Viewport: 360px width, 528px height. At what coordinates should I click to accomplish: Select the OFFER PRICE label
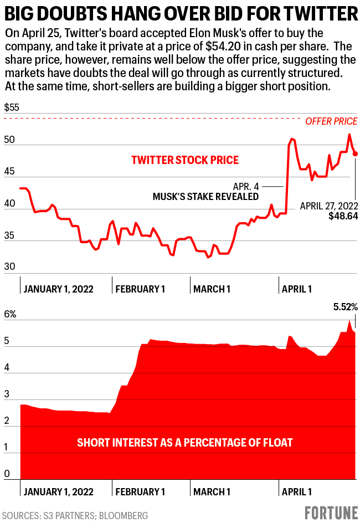(331, 122)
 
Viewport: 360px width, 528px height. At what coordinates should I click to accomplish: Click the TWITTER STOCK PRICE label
(185, 160)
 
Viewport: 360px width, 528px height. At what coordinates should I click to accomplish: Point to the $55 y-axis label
(12, 108)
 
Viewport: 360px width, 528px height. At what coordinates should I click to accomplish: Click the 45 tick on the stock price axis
(9, 173)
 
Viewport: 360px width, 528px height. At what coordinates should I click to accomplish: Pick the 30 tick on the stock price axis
(9, 266)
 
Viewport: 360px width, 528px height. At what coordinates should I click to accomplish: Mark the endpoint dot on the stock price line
(355, 154)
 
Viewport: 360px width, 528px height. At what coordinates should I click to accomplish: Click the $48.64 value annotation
(343, 216)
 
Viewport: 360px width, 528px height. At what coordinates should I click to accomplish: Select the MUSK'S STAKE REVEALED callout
(205, 197)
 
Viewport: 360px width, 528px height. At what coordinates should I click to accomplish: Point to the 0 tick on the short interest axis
(7, 474)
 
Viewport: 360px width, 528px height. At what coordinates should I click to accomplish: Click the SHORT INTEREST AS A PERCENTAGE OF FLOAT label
(185, 443)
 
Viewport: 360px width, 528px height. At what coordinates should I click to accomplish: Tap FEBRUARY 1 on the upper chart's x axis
(141, 289)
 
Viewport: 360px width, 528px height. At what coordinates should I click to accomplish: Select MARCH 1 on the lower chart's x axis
(212, 491)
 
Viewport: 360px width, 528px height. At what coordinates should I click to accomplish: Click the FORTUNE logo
(331, 514)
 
